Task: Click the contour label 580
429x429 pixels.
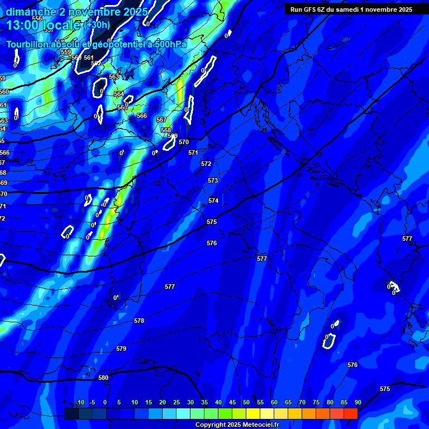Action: [x=103, y=378]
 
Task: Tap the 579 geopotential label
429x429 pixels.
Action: [x=121, y=349]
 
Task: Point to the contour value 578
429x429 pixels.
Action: [x=139, y=321]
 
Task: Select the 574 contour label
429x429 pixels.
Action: [x=213, y=201]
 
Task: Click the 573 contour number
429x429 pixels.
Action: [x=213, y=181]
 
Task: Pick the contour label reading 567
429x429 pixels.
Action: [x=161, y=120]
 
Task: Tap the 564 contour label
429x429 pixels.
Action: [x=119, y=94]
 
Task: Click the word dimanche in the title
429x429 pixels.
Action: [x=30, y=12]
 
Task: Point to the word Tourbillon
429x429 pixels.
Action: [x=28, y=45]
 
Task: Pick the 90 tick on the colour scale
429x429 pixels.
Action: [x=357, y=403]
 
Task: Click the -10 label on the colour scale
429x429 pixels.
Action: [x=80, y=403]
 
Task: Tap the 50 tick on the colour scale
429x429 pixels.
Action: [x=246, y=403]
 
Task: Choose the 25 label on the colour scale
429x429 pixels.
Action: [x=177, y=403]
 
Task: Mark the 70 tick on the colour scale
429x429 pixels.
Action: [x=302, y=403]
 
